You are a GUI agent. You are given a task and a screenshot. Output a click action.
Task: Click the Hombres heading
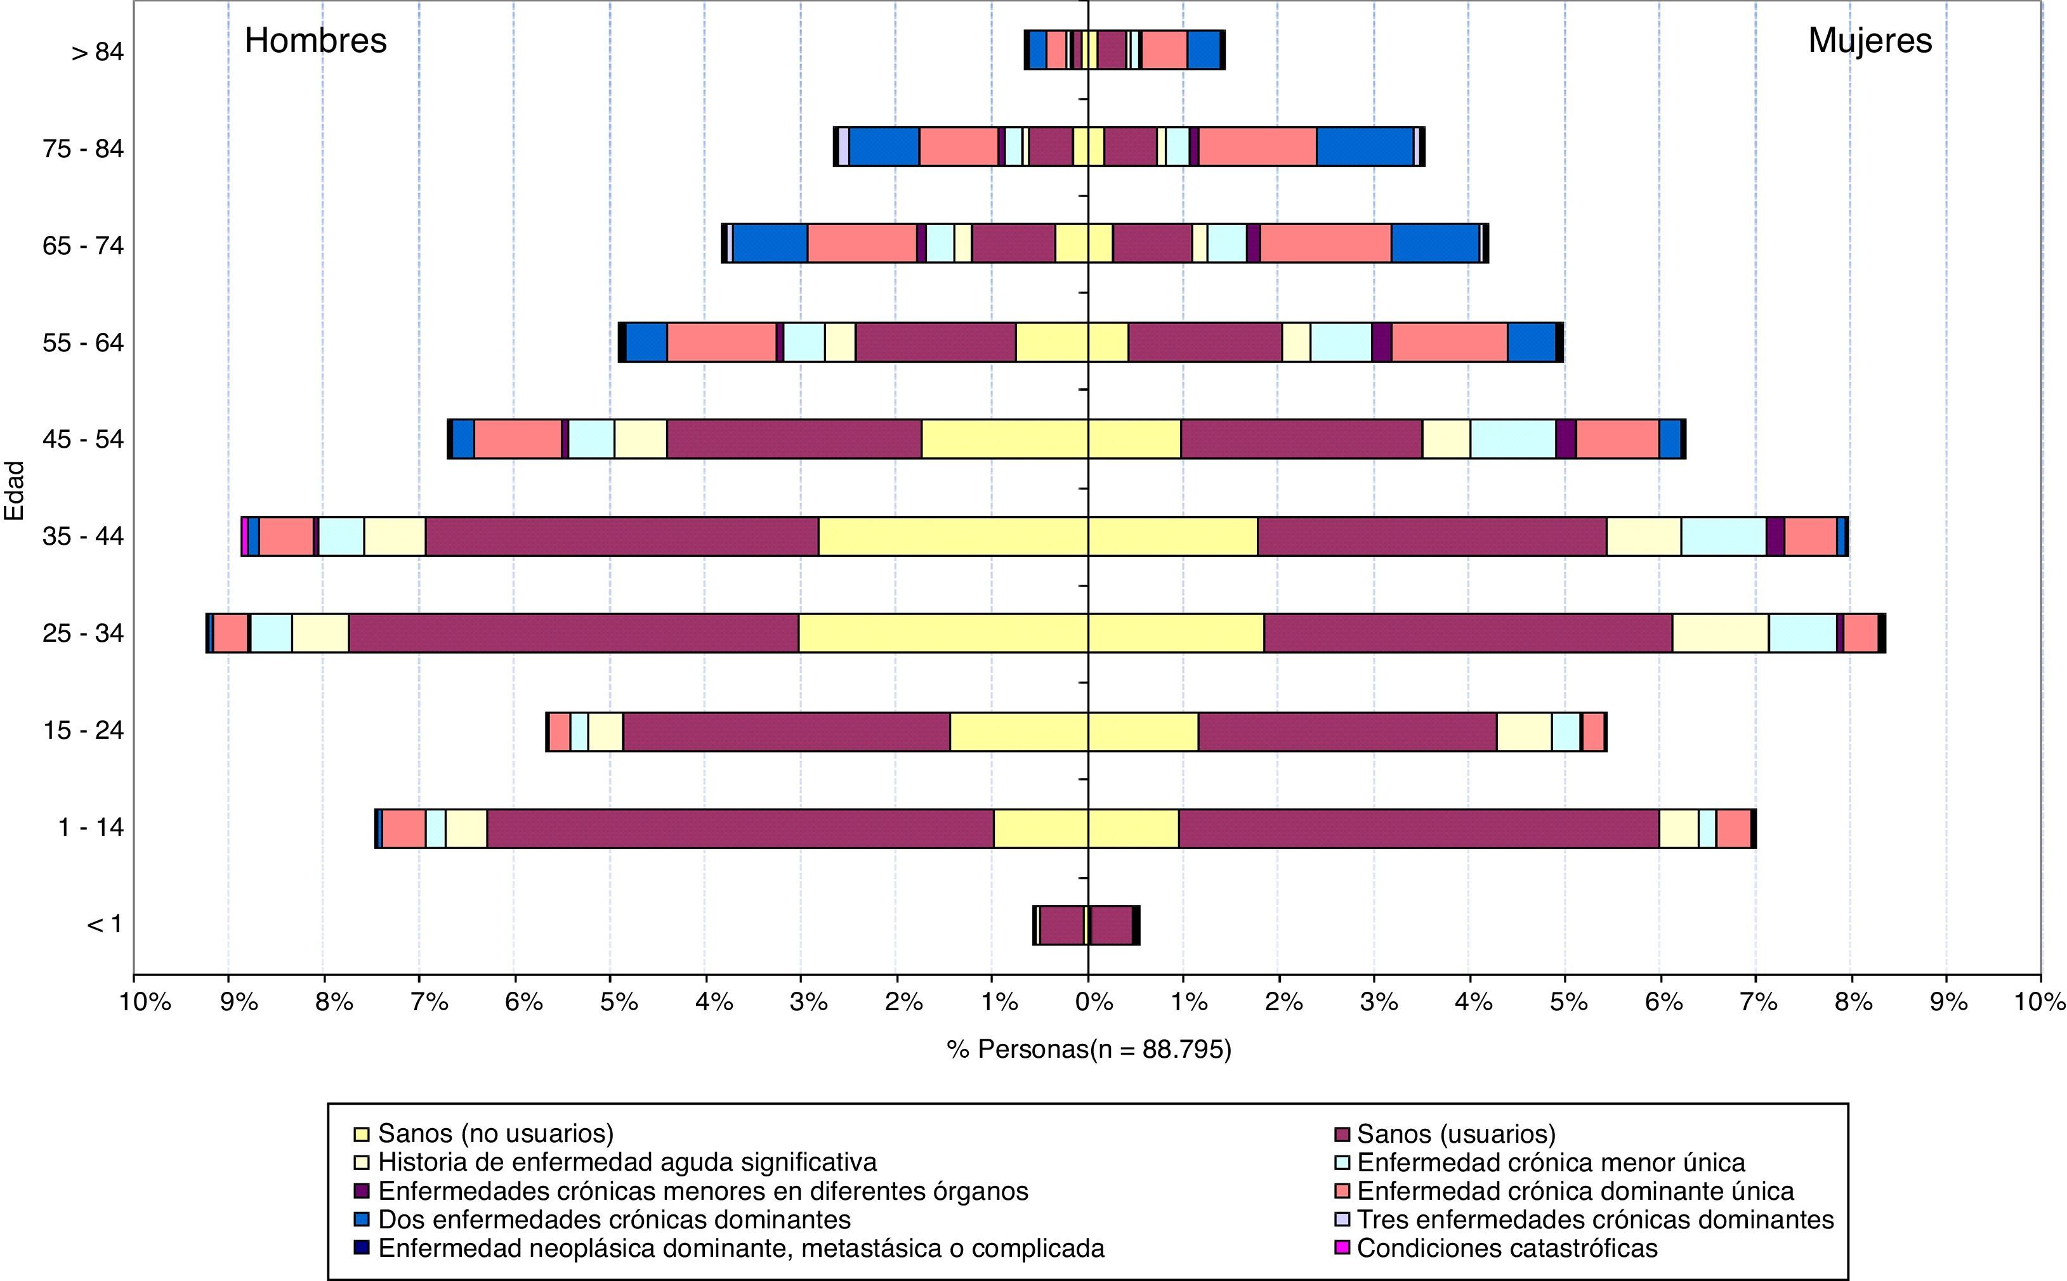click(x=315, y=41)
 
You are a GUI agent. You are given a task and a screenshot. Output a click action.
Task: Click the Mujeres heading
click(x=1870, y=41)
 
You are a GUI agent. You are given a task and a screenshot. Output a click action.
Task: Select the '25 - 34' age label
click(x=83, y=634)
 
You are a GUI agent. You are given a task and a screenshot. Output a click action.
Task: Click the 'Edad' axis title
click(x=15, y=491)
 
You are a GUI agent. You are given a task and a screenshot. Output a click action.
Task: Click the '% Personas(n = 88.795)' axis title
click(x=1088, y=1050)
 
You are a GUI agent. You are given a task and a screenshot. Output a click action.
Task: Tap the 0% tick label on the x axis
click(x=1093, y=1002)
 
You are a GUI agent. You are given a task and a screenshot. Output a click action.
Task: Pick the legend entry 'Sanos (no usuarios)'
click(x=495, y=1134)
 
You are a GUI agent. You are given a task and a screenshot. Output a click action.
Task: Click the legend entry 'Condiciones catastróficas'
click(x=1506, y=1248)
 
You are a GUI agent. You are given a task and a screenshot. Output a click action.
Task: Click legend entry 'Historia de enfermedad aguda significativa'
click(x=626, y=1162)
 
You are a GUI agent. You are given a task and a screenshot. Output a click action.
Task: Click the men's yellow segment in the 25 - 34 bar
click(x=942, y=634)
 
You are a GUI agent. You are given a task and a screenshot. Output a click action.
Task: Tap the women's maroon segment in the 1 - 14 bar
click(x=1418, y=829)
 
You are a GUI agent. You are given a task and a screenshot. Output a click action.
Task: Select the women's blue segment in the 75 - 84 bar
click(x=1365, y=146)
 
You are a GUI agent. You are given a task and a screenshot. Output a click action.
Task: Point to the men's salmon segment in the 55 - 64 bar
click(x=721, y=342)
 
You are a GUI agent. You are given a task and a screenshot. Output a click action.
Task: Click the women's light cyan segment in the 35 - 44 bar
click(x=1723, y=536)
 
